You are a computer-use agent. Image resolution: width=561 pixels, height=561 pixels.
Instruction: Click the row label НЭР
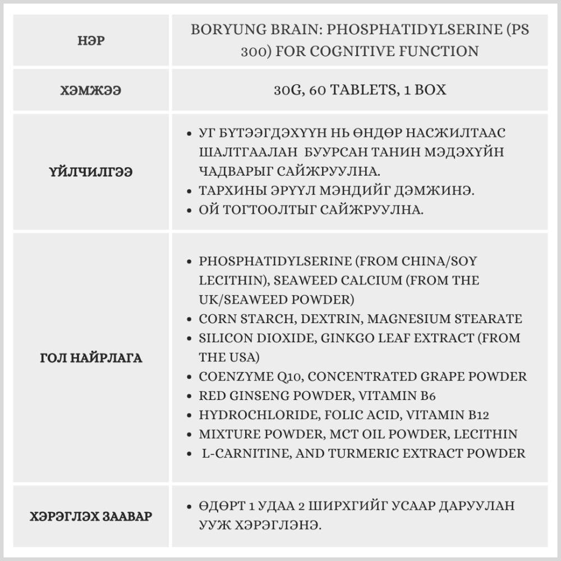coord(91,40)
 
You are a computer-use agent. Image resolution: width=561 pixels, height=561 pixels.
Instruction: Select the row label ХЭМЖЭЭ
coord(91,90)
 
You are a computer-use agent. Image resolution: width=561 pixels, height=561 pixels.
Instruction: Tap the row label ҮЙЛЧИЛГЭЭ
coord(91,172)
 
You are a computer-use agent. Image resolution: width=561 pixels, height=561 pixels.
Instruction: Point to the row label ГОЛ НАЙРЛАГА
coord(91,358)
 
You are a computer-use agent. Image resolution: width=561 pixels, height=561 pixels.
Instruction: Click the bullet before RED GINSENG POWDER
coord(189,396)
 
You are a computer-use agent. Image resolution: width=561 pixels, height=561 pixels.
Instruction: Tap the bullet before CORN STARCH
coord(189,319)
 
